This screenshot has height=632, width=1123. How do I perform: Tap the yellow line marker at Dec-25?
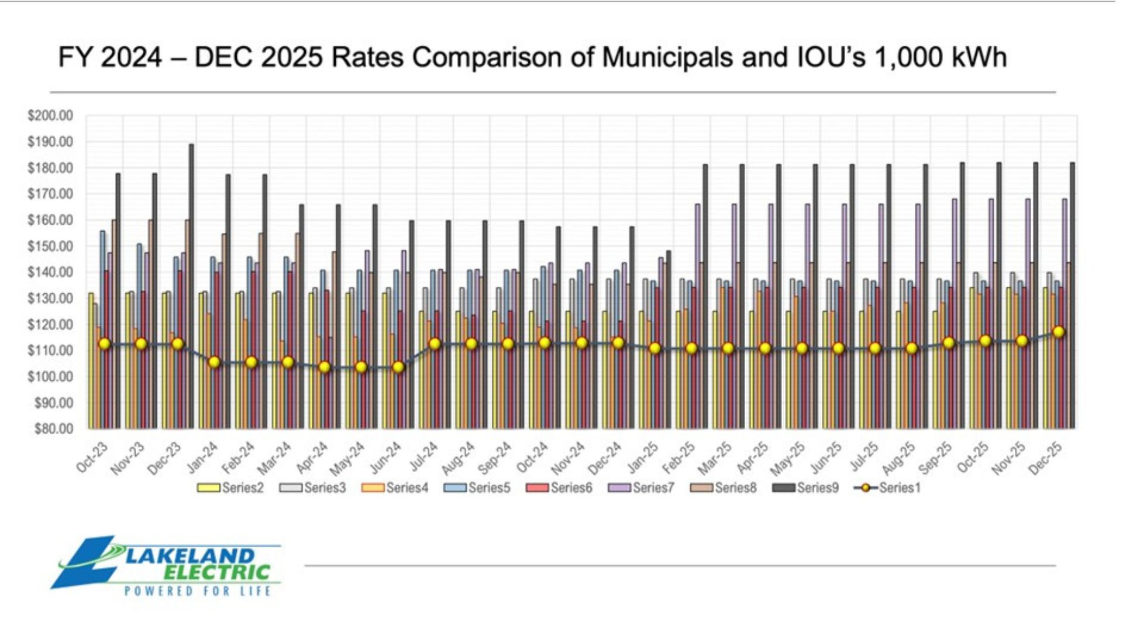[x=1059, y=332]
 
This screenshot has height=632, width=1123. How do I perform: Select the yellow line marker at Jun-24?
[x=398, y=367]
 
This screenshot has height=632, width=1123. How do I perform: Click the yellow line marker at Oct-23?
[x=104, y=344]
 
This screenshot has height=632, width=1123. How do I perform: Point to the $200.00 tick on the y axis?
[x=50, y=116]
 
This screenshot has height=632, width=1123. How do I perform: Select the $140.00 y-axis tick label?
[x=50, y=272]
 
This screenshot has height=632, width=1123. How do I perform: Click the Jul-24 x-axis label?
[x=424, y=457]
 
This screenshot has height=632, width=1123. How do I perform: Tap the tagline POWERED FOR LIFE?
[x=198, y=591]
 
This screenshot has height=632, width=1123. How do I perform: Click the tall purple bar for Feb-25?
[x=697, y=316]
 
